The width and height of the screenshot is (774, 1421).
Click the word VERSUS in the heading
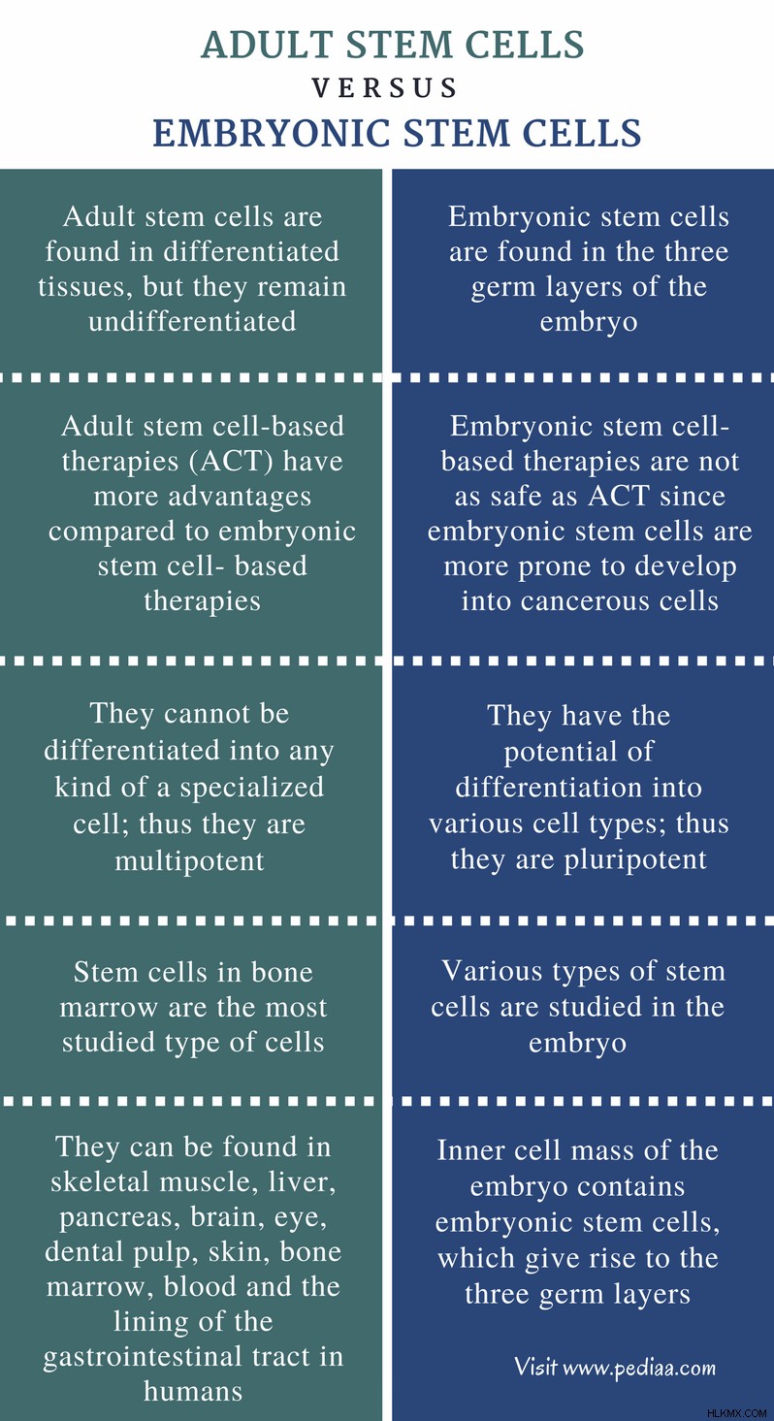click(x=384, y=87)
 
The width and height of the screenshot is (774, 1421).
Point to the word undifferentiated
click(x=192, y=321)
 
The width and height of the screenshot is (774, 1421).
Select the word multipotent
click(x=190, y=861)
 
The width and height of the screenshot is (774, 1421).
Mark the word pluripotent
click(x=635, y=859)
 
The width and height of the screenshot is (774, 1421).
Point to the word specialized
click(x=252, y=788)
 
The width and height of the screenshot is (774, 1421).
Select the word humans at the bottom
click(x=193, y=1391)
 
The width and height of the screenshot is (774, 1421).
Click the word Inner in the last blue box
click(x=468, y=1150)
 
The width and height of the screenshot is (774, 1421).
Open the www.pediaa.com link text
click(x=639, y=1369)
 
